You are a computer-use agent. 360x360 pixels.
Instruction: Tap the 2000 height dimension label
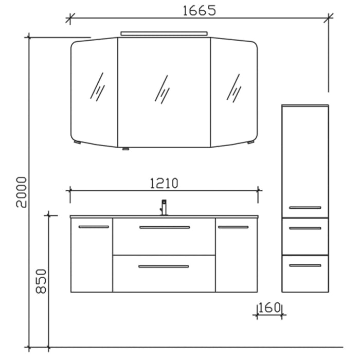click(x=21, y=191)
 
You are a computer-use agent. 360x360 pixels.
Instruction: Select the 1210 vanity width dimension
click(x=164, y=183)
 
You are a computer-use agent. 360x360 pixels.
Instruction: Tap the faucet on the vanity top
click(x=164, y=207)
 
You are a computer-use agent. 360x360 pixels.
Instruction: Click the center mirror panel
click(x=164, y=93)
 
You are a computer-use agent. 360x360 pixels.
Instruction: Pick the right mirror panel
click(x=233, y=93)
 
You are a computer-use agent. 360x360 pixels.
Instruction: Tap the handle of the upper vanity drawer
click(x=164, y=227)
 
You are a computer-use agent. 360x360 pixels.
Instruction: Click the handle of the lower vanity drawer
click(x=164, y=266)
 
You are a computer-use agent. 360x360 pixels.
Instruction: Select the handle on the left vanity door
click(x=94, y=227)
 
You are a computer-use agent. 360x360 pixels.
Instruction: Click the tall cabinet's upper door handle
click(x=305, y=207)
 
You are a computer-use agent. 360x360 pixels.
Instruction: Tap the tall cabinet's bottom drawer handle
click(x=305, y=265)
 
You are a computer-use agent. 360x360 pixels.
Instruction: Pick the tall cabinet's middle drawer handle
click(x=305, y=228)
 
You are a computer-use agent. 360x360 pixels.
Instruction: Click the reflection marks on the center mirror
click(x=163, y=88)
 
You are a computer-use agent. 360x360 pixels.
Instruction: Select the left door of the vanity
click(x=91, y=257)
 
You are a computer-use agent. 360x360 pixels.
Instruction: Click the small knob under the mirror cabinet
click(x=124, y=149)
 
